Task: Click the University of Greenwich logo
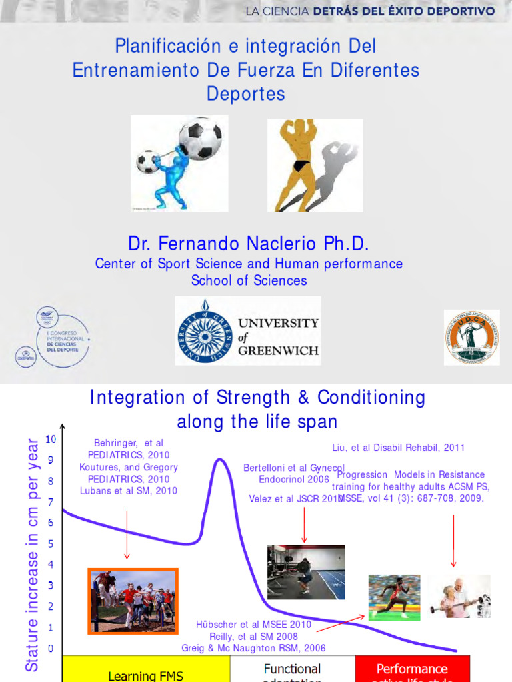pos(248,331)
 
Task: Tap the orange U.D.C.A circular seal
pos(471,337)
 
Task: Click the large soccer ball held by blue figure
pos(199,139)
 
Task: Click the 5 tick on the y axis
pos(51,544)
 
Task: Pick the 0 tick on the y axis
pos(51,649)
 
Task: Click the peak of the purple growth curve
pos(219,460)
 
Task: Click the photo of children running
pos(133,601)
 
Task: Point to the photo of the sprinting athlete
pos(394,597)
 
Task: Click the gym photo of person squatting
pos(306,572)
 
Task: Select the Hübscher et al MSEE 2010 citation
pos(254,625)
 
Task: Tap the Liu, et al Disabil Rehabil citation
pos(398,448)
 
